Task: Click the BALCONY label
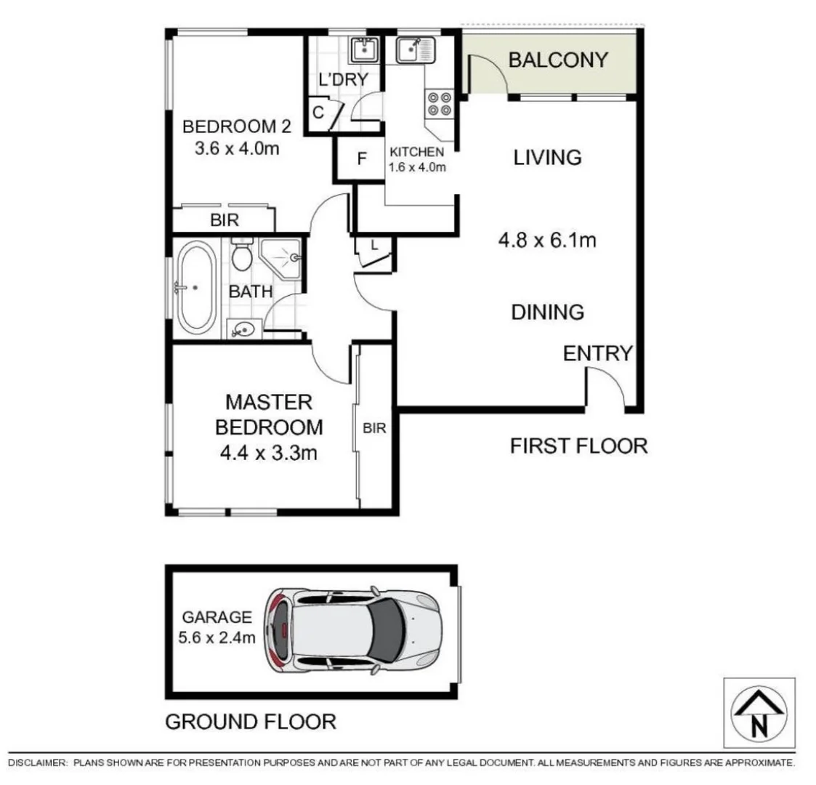[x=558, y=60]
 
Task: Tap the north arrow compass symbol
[x=759, y=714]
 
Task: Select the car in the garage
[x=353, y=629]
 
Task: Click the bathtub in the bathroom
[x=195, y=287]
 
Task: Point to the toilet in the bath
[x=241, y=254]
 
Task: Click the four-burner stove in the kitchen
[x=440, y=103]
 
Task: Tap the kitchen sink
[x=413, y=50]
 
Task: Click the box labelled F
[x=361, y=159]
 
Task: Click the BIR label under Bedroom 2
[x=224, y=220]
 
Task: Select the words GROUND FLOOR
[x=251, y=722]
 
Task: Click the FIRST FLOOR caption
[x=578, y=446]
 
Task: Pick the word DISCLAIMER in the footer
[x=37, y=762]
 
